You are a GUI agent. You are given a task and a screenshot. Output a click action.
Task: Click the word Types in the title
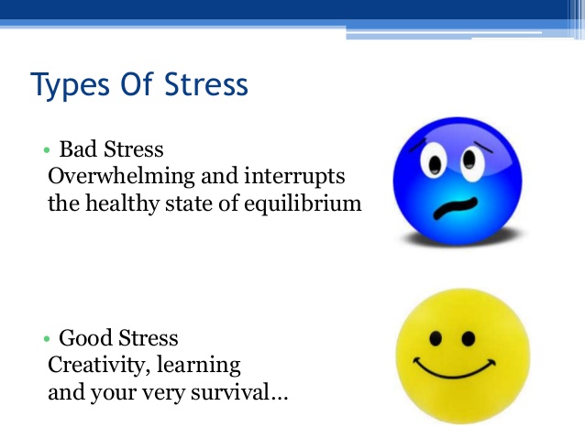[x=70, y=85]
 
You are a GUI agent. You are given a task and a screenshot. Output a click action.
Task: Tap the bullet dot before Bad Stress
[x=44, y=150]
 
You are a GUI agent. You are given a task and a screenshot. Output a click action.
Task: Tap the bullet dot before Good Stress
[x=44, y=338]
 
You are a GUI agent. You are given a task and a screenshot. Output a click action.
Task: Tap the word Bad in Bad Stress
[x=78, y=149]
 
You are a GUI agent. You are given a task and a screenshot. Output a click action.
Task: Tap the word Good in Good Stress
[x=83, y=338]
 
